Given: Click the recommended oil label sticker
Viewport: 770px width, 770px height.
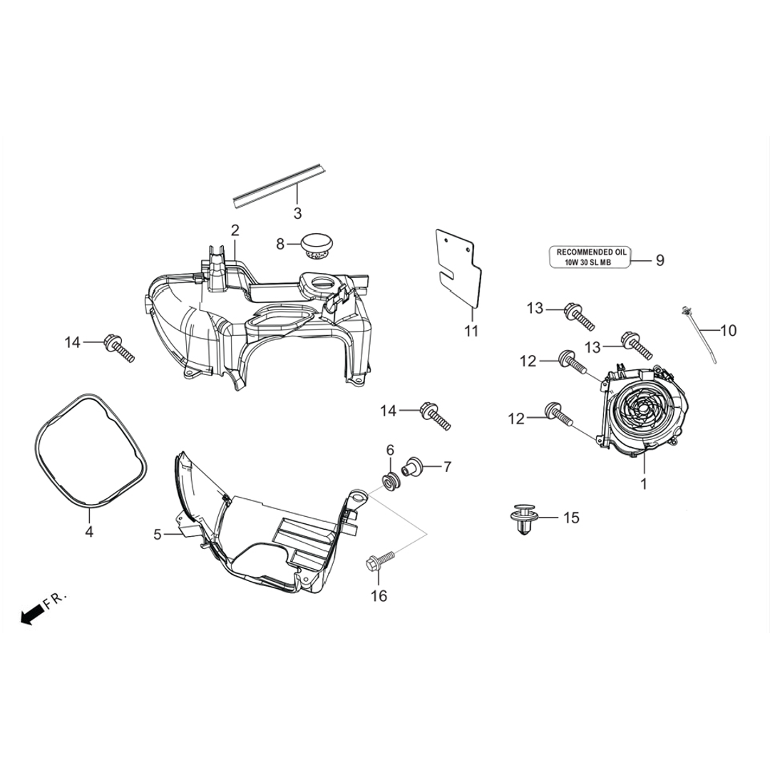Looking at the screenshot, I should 592,257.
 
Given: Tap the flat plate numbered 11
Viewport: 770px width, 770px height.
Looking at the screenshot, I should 462,271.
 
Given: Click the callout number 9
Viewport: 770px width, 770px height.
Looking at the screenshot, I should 660,261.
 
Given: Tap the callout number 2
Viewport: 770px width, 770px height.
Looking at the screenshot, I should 235,230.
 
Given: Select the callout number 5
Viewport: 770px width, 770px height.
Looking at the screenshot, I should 158,533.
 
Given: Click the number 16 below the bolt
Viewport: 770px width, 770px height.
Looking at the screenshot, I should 379,595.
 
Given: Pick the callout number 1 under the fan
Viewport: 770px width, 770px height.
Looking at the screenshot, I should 643,484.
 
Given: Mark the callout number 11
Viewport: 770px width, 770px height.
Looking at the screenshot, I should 471,332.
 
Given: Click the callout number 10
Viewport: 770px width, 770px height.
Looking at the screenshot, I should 728,331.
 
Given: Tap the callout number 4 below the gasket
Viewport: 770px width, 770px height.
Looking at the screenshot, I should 89,531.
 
